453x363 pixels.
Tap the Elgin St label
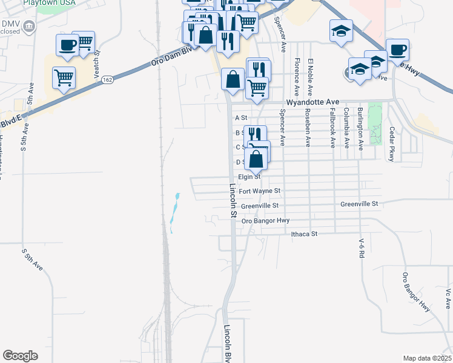pyautogui.click(x=249, y=177)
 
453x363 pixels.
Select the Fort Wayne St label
pyautogui.click(x=260, y=191)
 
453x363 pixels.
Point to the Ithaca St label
pyautogui.click(x=304, y=234)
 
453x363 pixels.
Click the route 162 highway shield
pyautogui.click(x=107, y=79)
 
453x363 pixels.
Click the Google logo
pyautogui.click(x=20, y=356)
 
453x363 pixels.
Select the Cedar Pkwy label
pyautogui.click(x=392, y=144)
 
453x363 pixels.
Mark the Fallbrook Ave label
pyautogui.click(x=332, y=129)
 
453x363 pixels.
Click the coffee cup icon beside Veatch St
pyautogui.click(x=67, y=44)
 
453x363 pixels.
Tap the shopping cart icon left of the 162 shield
pyautogui.click(x=64, y=77)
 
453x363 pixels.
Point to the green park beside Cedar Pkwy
pyautogui.click(x=375, y=124)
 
